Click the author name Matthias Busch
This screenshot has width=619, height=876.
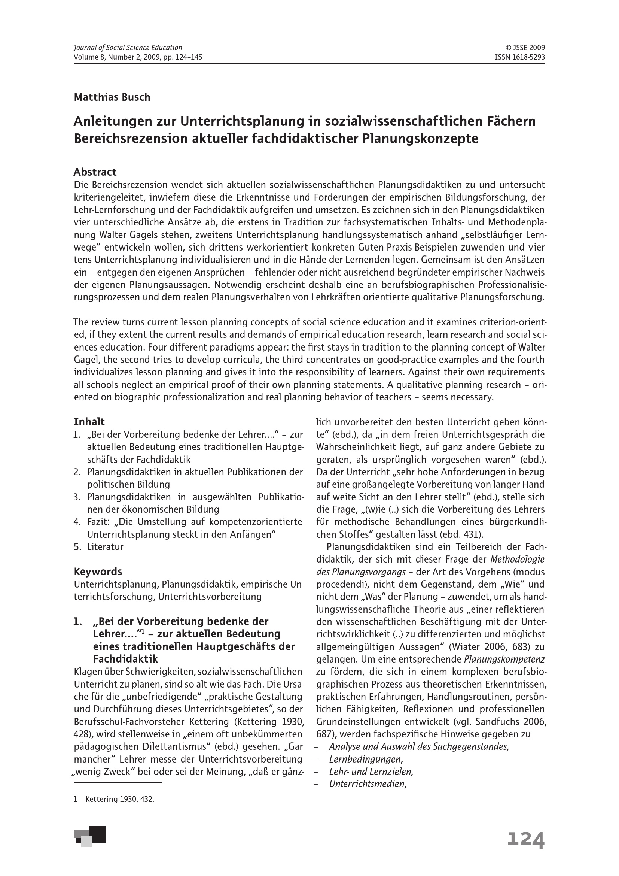(x=112, y=97)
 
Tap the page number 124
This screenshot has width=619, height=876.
(x=525, y=840)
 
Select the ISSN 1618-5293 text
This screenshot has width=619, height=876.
(x=519, y=57)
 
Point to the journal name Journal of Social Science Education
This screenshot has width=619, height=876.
(x=128, y=48)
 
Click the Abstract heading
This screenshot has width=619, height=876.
(x=95, y=172)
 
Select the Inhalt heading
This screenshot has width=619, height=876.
(x=89, y=422)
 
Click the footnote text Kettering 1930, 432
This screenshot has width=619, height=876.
(x=120, y=800)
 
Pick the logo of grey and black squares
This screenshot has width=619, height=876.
(x=90, y=836)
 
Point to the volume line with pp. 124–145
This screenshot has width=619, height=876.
(x=138, y=57)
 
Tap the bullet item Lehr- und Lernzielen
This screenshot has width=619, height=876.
(x=371, y=772)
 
